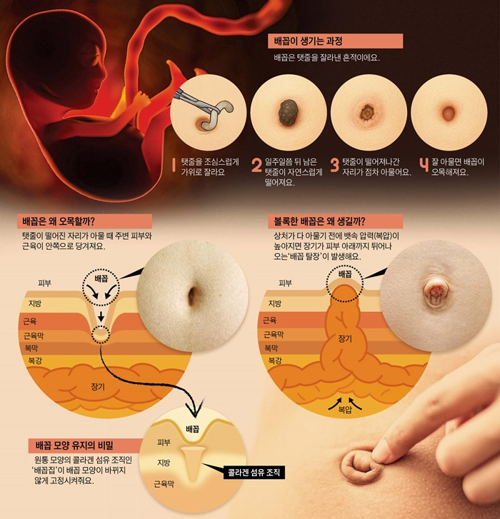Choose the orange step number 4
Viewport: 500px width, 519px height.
pyautogui.click(x=424, y=166)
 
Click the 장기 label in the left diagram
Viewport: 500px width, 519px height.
pyautogui.click(x=98, y=386)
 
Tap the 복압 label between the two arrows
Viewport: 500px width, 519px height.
pyautogui.click(x=345, y=410)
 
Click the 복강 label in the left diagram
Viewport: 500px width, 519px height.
pyautogui.click(x=34, y=361)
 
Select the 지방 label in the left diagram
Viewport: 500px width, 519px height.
pyautogui.click(x=34, y=303)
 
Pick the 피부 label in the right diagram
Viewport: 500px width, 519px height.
pyautogui.click(x=286, y=283)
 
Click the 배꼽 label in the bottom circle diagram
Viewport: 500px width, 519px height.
pyautogui.click(x=192, y=430)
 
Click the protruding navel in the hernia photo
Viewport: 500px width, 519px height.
pyautogui.click(x=434, y=291)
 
